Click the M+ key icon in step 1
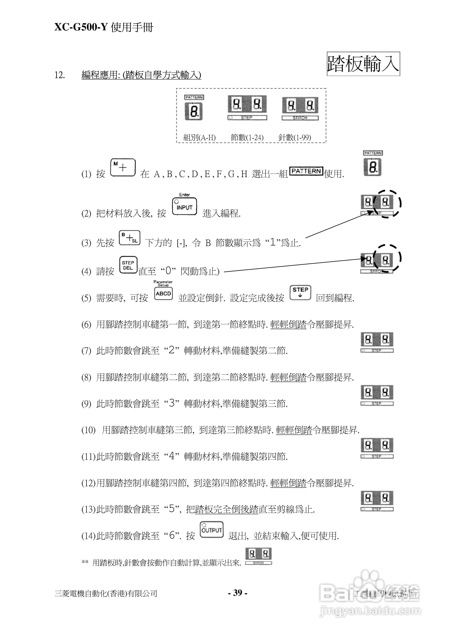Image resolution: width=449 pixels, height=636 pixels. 123,167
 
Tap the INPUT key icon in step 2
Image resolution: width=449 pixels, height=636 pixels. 184,206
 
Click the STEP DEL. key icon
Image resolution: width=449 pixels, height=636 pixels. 128,265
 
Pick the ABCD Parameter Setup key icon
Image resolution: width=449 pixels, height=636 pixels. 163,293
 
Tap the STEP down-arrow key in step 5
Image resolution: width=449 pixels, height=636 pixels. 300,293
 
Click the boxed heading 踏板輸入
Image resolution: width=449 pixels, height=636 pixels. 363,64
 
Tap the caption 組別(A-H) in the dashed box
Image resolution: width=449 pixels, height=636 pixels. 199,137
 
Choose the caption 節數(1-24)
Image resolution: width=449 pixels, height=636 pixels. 247,137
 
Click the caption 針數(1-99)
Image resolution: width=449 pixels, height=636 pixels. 294,137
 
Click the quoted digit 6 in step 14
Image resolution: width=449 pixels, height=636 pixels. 172,536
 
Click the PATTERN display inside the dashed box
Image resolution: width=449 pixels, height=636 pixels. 194,108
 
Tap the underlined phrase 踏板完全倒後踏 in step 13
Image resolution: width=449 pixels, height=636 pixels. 226,509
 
